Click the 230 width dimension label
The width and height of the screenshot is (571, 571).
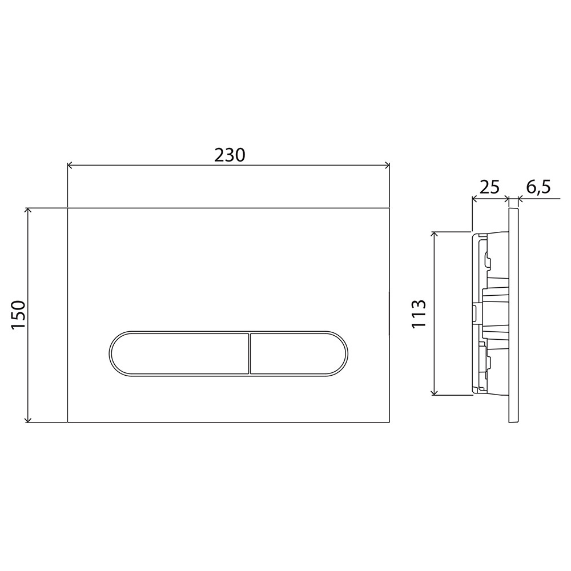[230, 155]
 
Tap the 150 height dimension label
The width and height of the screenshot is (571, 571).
[18, 315]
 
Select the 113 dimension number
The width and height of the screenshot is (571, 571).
[419, 314]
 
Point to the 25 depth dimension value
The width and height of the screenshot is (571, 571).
[489, 187]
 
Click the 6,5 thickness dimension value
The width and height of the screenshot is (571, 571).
[538, 187]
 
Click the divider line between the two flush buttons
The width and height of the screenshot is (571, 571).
[250, 353]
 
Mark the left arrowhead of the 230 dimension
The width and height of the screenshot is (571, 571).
[71, 166]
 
